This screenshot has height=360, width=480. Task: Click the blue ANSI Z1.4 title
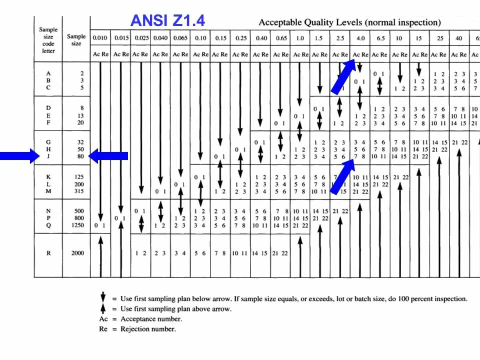pyautogui.click(x=167, y=20)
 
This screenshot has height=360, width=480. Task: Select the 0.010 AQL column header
pyautogui.click(x=100, y=38)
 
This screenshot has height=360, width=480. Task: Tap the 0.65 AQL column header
pyautogui.click(x=281, y=38)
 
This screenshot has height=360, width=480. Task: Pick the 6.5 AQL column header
pyautogui.click(x=380, y=38)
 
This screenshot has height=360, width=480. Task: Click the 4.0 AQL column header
pyautogui.click(x=360, y=38)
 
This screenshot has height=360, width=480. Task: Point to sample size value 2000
pyautogui.click(x=77, y=253)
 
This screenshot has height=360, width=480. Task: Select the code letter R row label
pyautogui.click(x=48, y=253)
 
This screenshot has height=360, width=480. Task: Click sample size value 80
pyautogui.click(x=80, y=156)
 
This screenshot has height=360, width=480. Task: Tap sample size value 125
pyautogui.click(x=78, y=177)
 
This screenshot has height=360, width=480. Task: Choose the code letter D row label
pyautogui.click(x=48, y=108)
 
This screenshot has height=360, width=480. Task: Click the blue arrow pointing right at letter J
pyautogui.click(x=19, y=156)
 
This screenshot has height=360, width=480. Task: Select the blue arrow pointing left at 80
pyautogui.click(x=108, y=156)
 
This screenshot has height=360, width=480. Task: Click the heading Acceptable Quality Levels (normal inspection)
pyautogui.click(x=349, y=22)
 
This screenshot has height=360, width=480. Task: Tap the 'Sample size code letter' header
pyautogui.click(x=48, y=40)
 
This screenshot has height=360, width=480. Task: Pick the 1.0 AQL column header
pyautogui.click(x=300, y=38)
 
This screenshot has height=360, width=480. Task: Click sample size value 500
pyautogui.click(x=78, y=211)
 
